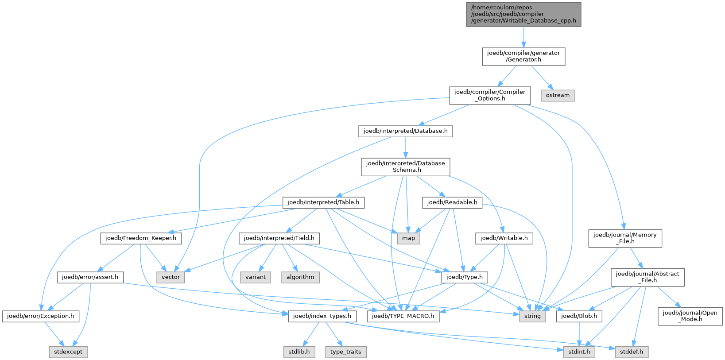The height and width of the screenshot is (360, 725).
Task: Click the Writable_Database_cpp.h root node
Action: pos(523,14)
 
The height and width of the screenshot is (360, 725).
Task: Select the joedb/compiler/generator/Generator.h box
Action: pos(523,56)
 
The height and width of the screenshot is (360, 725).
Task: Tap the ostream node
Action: pos(558,95)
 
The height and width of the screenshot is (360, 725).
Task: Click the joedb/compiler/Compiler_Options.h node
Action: pos(489,95)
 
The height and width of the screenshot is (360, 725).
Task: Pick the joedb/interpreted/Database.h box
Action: pos(405,131)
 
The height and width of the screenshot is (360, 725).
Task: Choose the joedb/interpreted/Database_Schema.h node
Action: pos(405,166)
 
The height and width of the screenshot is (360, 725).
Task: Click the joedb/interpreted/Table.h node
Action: pos(323,202)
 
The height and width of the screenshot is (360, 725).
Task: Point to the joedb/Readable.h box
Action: pos(452,202)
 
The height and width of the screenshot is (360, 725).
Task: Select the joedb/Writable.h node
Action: pos(504,238)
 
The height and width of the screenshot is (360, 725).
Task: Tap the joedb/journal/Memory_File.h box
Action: pos(625,238)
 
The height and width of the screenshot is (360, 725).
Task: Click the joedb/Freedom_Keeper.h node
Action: pos(141,238)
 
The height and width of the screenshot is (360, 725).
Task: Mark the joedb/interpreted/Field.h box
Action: pos(279,238)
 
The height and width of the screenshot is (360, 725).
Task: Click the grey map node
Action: pos(408,238)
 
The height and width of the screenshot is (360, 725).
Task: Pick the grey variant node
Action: pos(256,277)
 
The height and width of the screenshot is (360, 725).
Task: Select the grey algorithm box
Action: pos(300,277)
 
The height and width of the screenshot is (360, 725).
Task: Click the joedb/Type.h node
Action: pos(464,277)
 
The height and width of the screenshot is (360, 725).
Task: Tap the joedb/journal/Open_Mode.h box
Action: pos(690,316)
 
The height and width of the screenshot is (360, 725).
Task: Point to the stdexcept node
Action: pos(68,352)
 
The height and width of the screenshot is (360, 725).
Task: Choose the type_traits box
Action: pos(345,352)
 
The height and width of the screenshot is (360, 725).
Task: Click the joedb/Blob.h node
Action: pos(579,316)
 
